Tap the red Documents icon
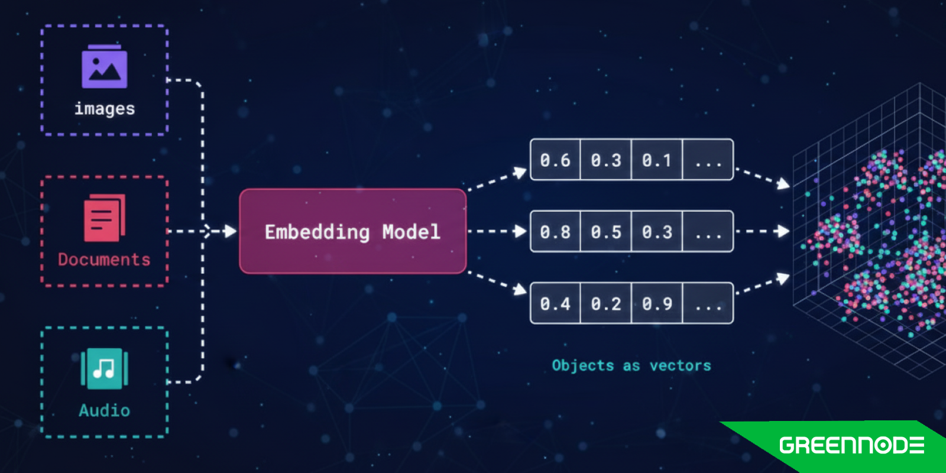tap(105, 218)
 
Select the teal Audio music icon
tap(105, 368)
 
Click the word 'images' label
tap(105, 109)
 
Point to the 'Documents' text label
tap(104, 260)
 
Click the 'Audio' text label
tap(105, 410)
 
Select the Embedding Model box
tap(352, 231)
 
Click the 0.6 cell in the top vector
tap(555, 160)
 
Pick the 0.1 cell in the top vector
tap(657, 160)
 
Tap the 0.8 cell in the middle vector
tap(555, 232)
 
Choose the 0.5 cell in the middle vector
tap(606, 232)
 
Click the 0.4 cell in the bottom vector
tap(555, 304)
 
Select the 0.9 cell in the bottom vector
tap(657, 304)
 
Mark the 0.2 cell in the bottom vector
tap(606, 304)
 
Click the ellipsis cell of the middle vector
tap(708, 232)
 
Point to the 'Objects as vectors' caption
tap(631, 365)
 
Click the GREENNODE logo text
tap(851, 445)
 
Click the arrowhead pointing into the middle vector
tap(520, 231)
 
